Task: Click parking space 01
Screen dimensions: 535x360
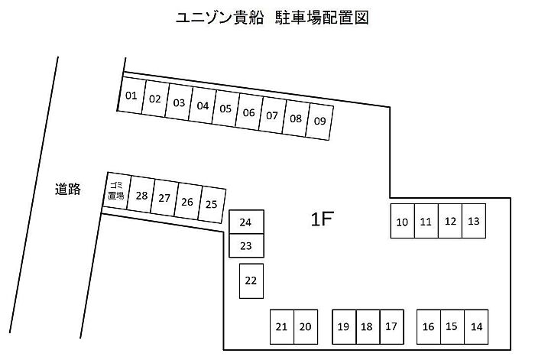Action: point(131,96)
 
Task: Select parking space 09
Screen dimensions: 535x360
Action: point(319,121)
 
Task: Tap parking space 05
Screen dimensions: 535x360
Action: point(225,108)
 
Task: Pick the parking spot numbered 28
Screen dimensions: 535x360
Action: point(141,195)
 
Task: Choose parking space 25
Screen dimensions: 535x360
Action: point(212,204)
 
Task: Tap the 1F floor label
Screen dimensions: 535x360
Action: point(322,220)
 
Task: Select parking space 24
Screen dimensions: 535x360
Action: point(246,222)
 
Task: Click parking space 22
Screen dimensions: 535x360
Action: point(251,280)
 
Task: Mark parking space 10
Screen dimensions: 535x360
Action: point(402,222)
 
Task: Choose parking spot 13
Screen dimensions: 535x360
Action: point(474,221)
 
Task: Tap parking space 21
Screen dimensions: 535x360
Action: point(281,326)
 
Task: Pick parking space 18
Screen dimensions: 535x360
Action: point(367,326)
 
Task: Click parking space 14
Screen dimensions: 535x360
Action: point(476,326)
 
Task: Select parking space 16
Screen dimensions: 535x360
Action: point(428,326)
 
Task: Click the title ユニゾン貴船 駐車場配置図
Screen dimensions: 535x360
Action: point(267,18)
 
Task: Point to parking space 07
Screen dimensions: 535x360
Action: point(272,115)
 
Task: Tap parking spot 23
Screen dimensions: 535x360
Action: point(246,245)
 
